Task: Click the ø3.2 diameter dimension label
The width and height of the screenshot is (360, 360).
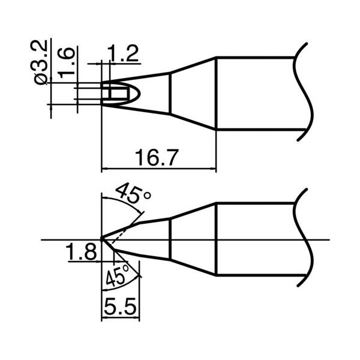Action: click(x=41, y=62)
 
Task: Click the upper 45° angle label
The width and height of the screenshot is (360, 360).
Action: click(x=133, y=195)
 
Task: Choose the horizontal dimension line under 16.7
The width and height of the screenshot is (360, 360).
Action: click(x=158, y=169)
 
